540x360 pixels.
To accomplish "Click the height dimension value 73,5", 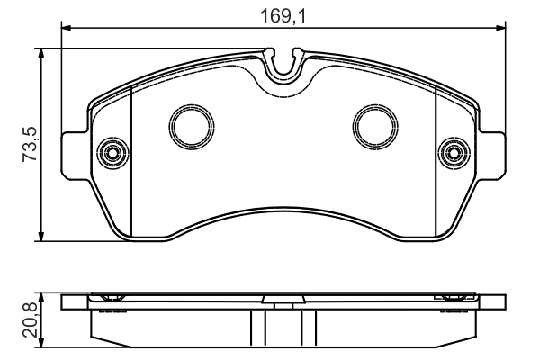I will (x=29, y=144).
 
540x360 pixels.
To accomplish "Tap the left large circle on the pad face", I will (x=191, y=125).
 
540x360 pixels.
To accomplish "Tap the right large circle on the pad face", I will (x=374, y=125).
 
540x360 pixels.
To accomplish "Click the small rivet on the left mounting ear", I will (x=112, y=152).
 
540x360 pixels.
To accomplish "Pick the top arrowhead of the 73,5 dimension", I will (x=41, y=52).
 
